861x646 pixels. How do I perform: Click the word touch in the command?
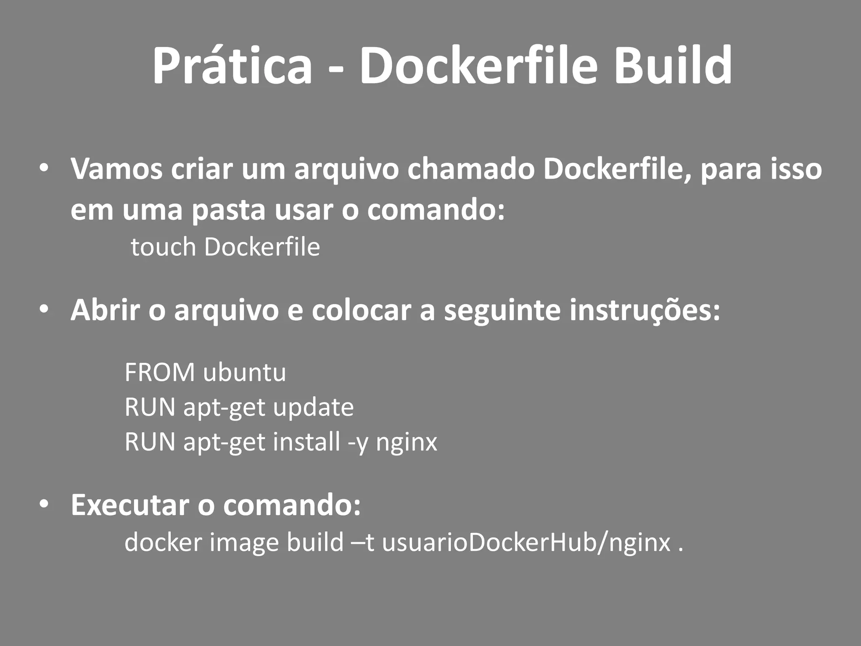[x=164, y=247]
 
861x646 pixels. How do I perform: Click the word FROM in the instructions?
[x=160, y=373]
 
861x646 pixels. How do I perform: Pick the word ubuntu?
[x=244, y=373]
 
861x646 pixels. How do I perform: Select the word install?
[x=306, y=442]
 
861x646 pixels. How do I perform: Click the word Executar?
[x=130, y=505]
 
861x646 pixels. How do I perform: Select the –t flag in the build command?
[x=363, y=542]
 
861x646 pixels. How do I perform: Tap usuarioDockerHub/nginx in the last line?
[x=526, y=543]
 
